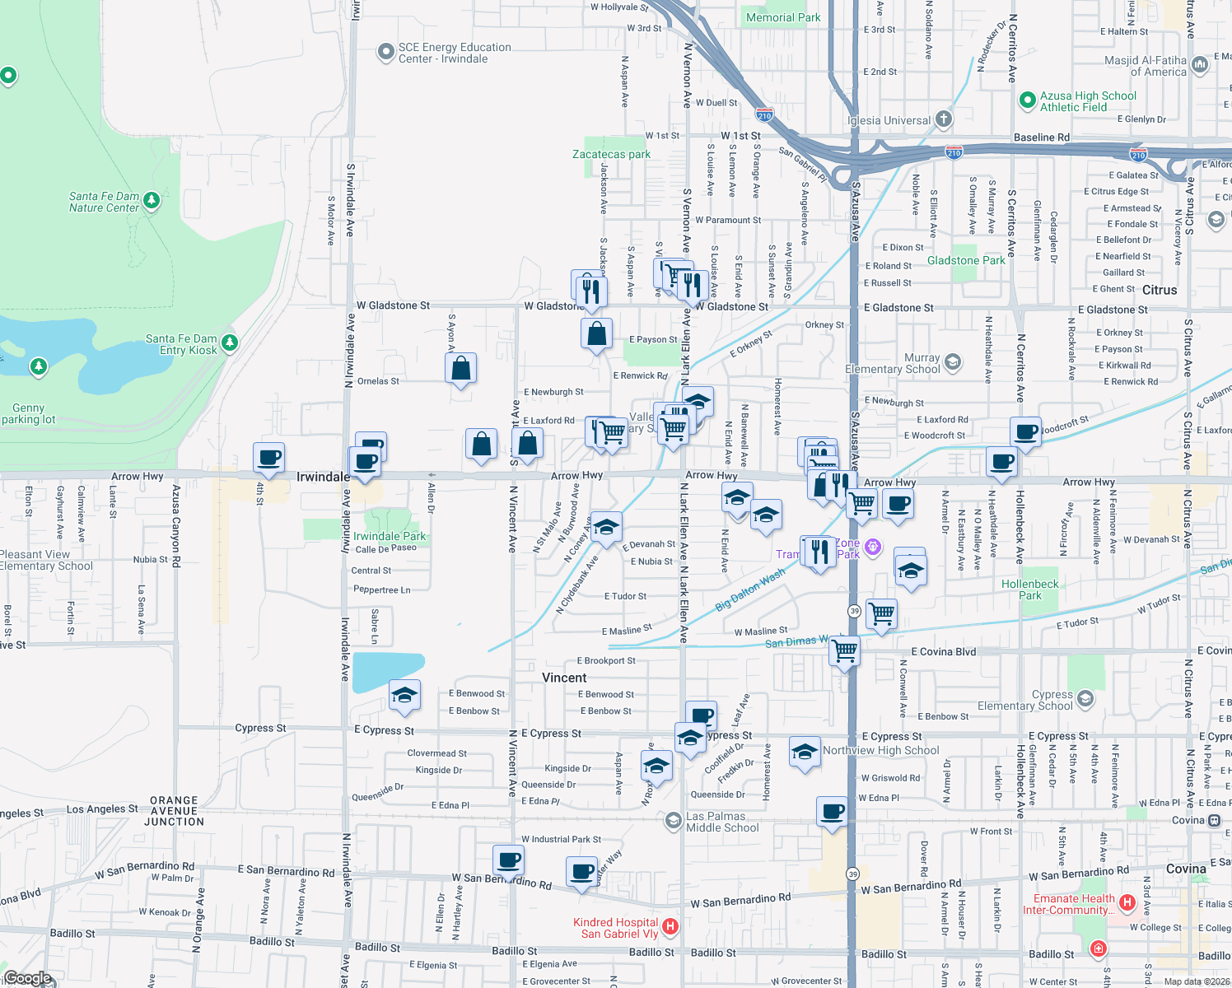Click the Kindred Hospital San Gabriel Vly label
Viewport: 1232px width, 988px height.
click(x=615, y=928)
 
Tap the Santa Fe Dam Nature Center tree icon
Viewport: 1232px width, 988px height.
click(x=151, y=200)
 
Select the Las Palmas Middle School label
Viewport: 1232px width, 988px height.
click(x=722, y=822)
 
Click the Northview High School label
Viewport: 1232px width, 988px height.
click(x=880, y=750)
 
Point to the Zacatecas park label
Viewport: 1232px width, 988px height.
click(x=611, y=154)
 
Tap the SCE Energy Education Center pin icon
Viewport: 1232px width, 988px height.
click(x=385, y=53)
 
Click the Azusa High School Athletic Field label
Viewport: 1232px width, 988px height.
click(x=1087, y=101)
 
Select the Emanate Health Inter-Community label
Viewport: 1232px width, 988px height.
click(x=1074, y=904)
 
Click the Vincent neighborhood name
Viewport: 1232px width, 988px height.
click(x=564, y=678)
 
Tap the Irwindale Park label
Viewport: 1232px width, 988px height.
click(x=390, y=536)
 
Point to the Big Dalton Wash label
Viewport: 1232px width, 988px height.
click(x=749, y=590)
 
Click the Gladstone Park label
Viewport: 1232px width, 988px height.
click(x=966, y=260)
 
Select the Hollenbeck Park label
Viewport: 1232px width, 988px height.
click(x=1030, y=590)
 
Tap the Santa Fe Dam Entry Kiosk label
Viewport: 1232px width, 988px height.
click(x=181, y=344)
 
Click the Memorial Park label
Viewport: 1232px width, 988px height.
click(x=783, y=17)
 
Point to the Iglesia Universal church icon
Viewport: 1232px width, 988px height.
click(x=944, y=119)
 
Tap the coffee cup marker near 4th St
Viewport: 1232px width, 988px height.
click(x=269, y=458)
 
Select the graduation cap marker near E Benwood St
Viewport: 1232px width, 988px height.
click(x=404, y=696)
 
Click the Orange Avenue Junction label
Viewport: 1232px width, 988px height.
click(x=174, y=811)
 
